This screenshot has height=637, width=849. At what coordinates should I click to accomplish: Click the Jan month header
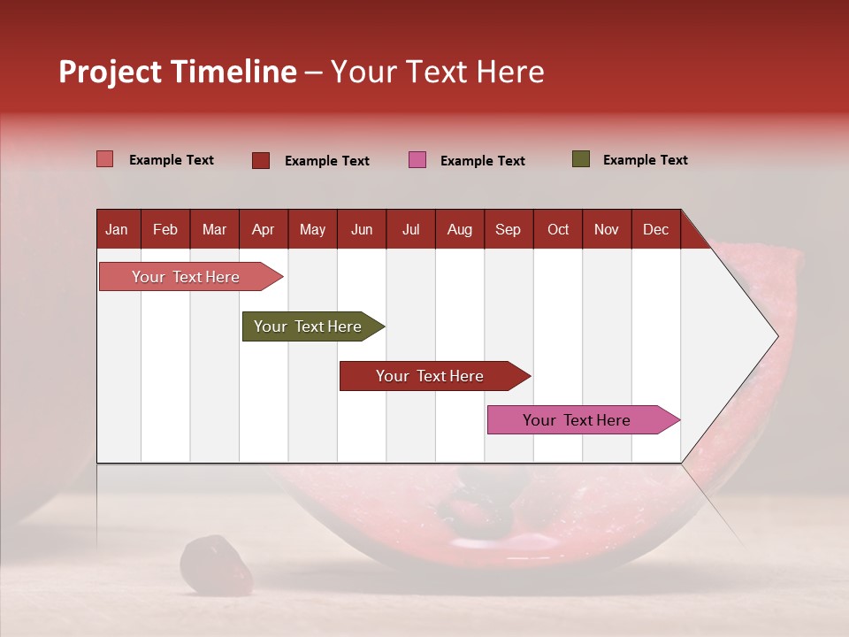[117, 229]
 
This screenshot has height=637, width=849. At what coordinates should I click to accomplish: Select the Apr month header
[263, 229]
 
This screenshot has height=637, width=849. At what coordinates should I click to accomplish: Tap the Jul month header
[410, 229]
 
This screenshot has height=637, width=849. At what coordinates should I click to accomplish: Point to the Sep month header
[508, 229]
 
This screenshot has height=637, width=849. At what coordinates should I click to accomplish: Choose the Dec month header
[655, 229]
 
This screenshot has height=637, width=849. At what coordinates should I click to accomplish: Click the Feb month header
[165, 229]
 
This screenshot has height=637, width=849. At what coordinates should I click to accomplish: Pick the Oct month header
[558, 229]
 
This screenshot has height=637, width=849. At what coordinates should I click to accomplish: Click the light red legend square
[104, 159]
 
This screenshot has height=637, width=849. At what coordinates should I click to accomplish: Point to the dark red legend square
[260, 160]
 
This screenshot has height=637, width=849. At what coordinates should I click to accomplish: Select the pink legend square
[417, 160]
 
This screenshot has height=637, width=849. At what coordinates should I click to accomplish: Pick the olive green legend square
[580, 159]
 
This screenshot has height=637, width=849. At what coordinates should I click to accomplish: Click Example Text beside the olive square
[645, 160]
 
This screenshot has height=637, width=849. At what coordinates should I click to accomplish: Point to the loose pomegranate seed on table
[215, 564]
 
